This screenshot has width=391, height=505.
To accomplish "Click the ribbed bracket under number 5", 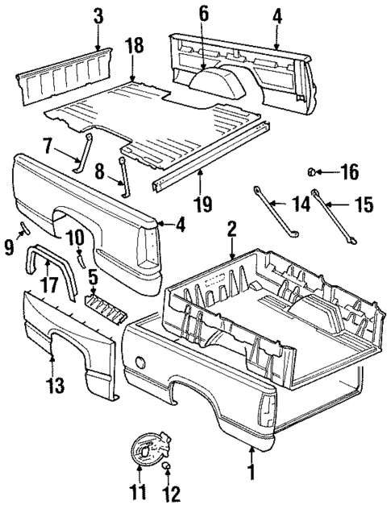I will pyautogui.click(x=102, y=305).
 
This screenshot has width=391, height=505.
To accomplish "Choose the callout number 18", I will pyautogui.click(x=135, y=45).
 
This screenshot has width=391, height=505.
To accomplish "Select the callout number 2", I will pyautogui.click(x=231, y=229).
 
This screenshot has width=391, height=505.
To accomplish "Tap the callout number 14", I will pyautogui.click(x=300, y=205).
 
